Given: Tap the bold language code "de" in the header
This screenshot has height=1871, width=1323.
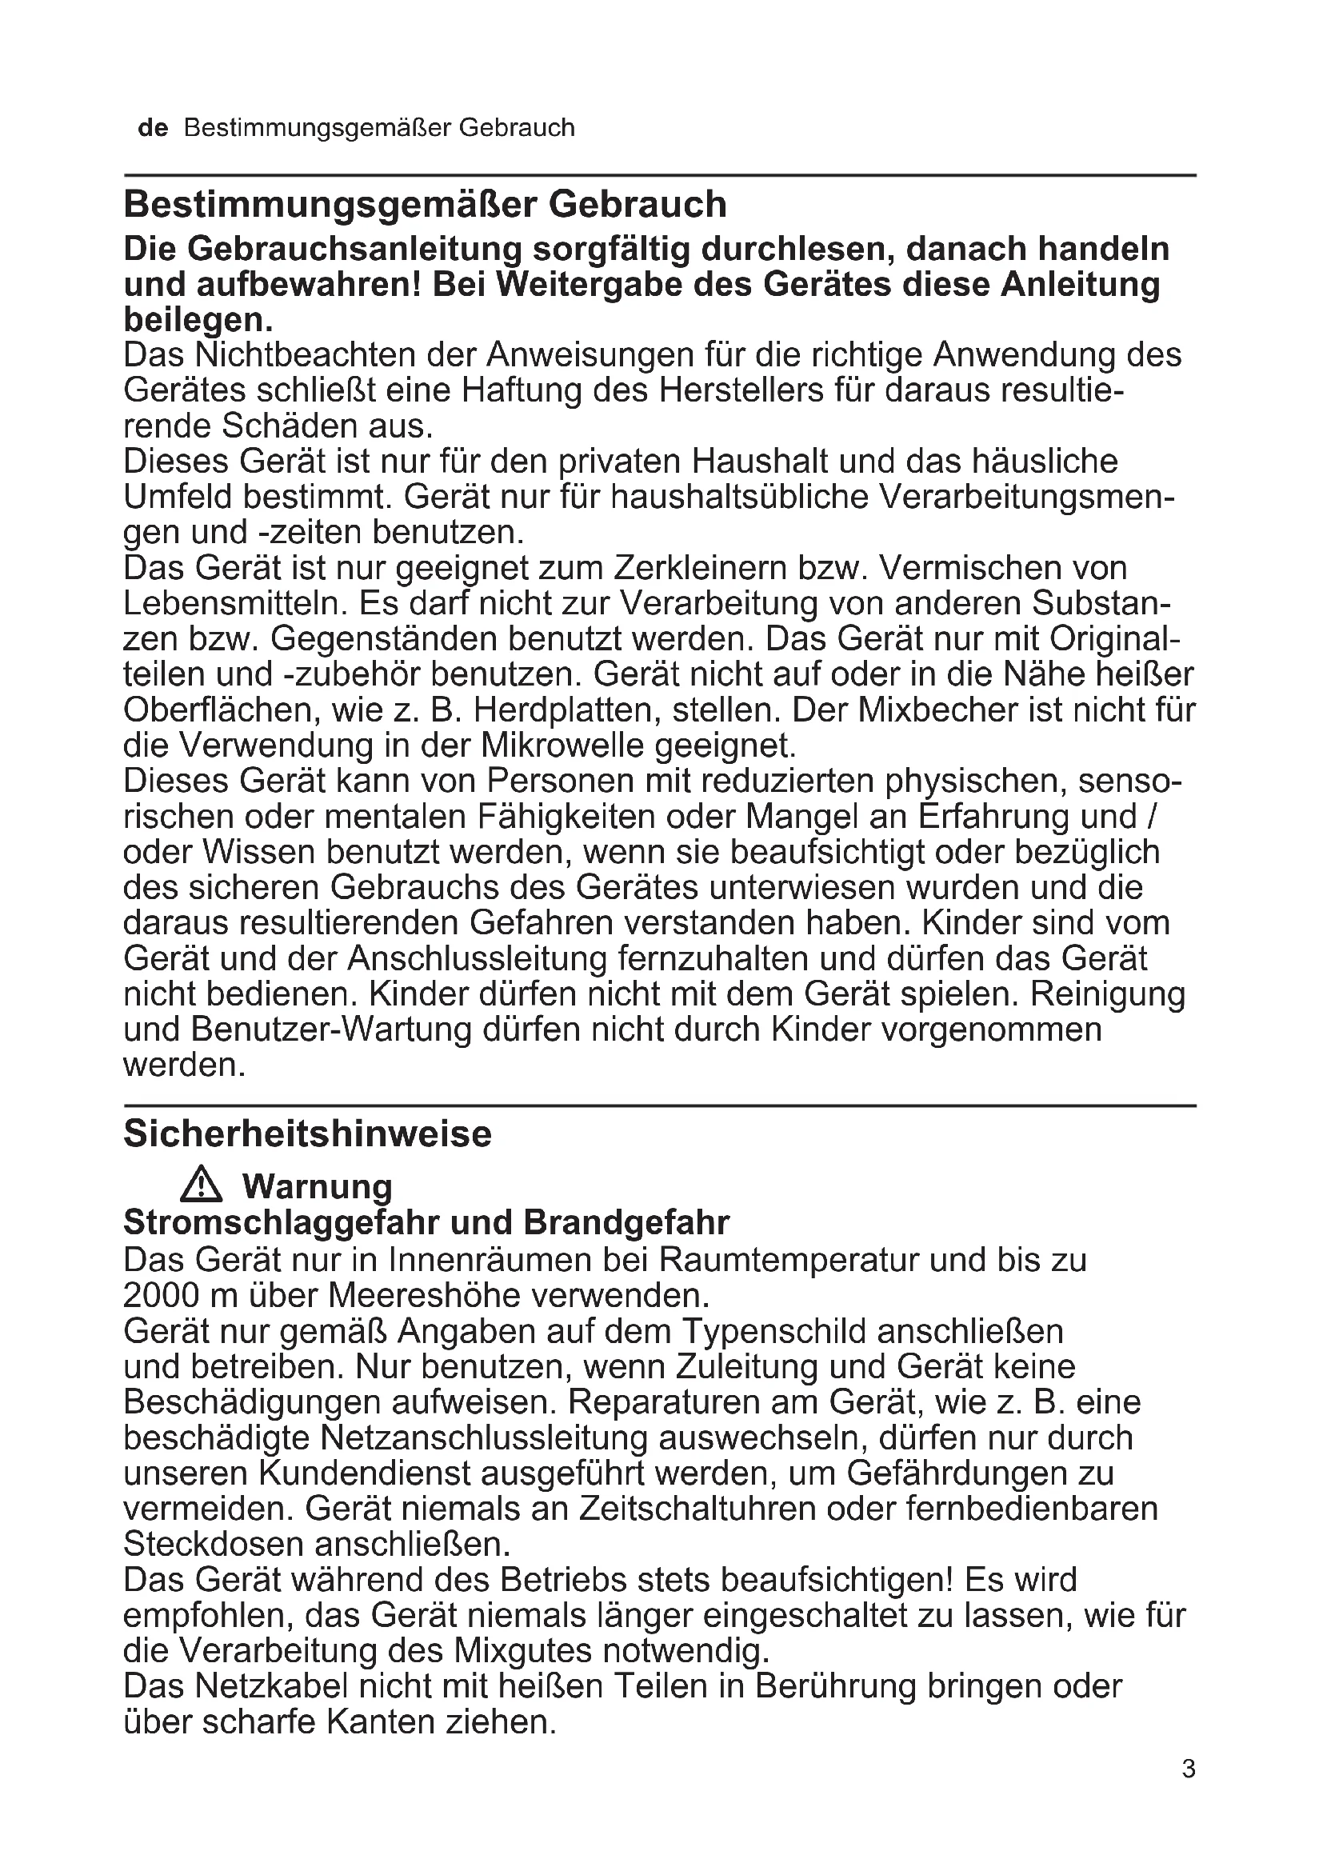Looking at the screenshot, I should coord(153,128).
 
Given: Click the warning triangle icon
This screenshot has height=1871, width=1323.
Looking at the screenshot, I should coord(202,1185).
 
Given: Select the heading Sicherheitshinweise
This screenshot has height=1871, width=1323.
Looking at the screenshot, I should coord(307,1133).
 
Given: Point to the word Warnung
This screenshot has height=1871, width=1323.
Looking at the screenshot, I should coord(317,1186).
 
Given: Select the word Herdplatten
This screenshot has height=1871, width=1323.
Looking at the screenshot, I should coord(568,710).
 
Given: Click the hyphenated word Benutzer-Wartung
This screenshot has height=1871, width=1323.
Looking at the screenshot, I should coord(332,1029).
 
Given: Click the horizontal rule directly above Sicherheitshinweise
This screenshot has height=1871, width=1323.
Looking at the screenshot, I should coord(660,1105).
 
